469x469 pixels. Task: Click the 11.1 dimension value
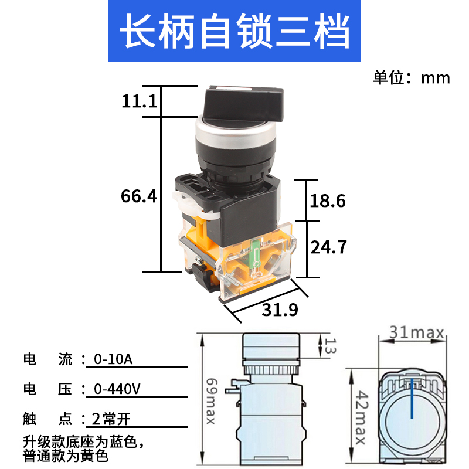140,101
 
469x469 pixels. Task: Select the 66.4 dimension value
139,196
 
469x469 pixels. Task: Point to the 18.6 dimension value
327,201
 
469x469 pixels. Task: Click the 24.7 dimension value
328,247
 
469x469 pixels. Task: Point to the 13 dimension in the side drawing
329,346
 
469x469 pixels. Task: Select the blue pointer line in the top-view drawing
413,399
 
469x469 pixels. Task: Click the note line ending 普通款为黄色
66,453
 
